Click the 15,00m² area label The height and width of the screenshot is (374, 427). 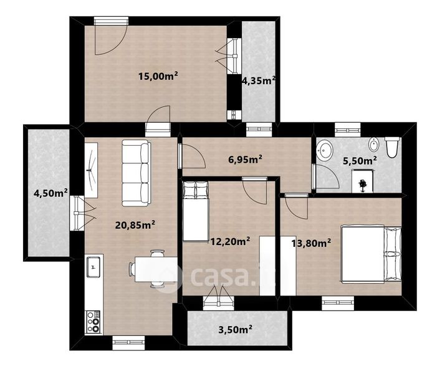[158, 76]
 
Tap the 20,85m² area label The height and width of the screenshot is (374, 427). [135, 225]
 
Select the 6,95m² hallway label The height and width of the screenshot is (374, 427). [246, 160]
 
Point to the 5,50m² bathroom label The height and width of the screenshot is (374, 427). [360, 161]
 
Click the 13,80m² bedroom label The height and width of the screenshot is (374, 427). [311, 243]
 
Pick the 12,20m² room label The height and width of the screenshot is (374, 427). [231, 241]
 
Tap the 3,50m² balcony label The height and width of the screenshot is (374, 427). [235, 330]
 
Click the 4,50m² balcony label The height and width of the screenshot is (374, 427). [50, 193]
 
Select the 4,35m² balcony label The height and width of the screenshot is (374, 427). [259, 80]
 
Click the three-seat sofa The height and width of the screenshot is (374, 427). [136, 173]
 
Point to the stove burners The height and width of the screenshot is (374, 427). [94, 322]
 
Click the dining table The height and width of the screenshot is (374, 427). [156, 269]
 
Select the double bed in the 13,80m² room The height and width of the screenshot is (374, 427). [372, 254]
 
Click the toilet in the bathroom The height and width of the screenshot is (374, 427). [392, 147]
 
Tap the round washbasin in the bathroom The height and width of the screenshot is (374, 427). [325, 150]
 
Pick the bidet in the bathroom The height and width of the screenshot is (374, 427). [374, 144]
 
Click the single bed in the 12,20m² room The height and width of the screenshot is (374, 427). [196, 211]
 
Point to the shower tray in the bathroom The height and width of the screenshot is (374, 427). [362, 181]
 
